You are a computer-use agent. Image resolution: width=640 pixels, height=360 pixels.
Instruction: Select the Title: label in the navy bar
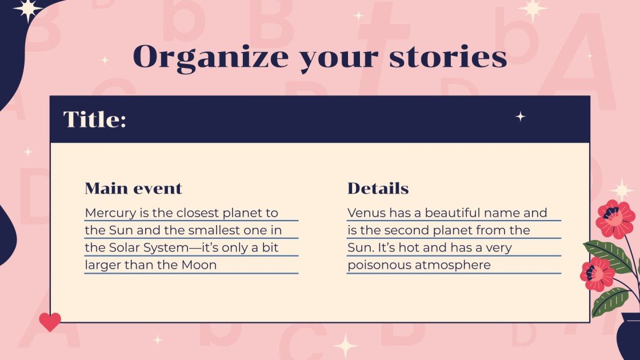94,119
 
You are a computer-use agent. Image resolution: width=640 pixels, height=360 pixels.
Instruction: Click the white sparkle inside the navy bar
521,117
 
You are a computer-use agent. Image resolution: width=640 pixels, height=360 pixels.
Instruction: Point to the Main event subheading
133,188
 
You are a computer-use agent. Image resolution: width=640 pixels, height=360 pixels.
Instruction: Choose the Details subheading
378,188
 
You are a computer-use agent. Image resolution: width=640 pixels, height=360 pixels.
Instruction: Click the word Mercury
109,213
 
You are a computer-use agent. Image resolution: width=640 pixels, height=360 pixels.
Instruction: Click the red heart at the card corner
50,322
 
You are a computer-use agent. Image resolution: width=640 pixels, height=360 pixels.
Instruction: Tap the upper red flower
615,218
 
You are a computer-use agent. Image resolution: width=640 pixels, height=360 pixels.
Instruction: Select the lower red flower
597,274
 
